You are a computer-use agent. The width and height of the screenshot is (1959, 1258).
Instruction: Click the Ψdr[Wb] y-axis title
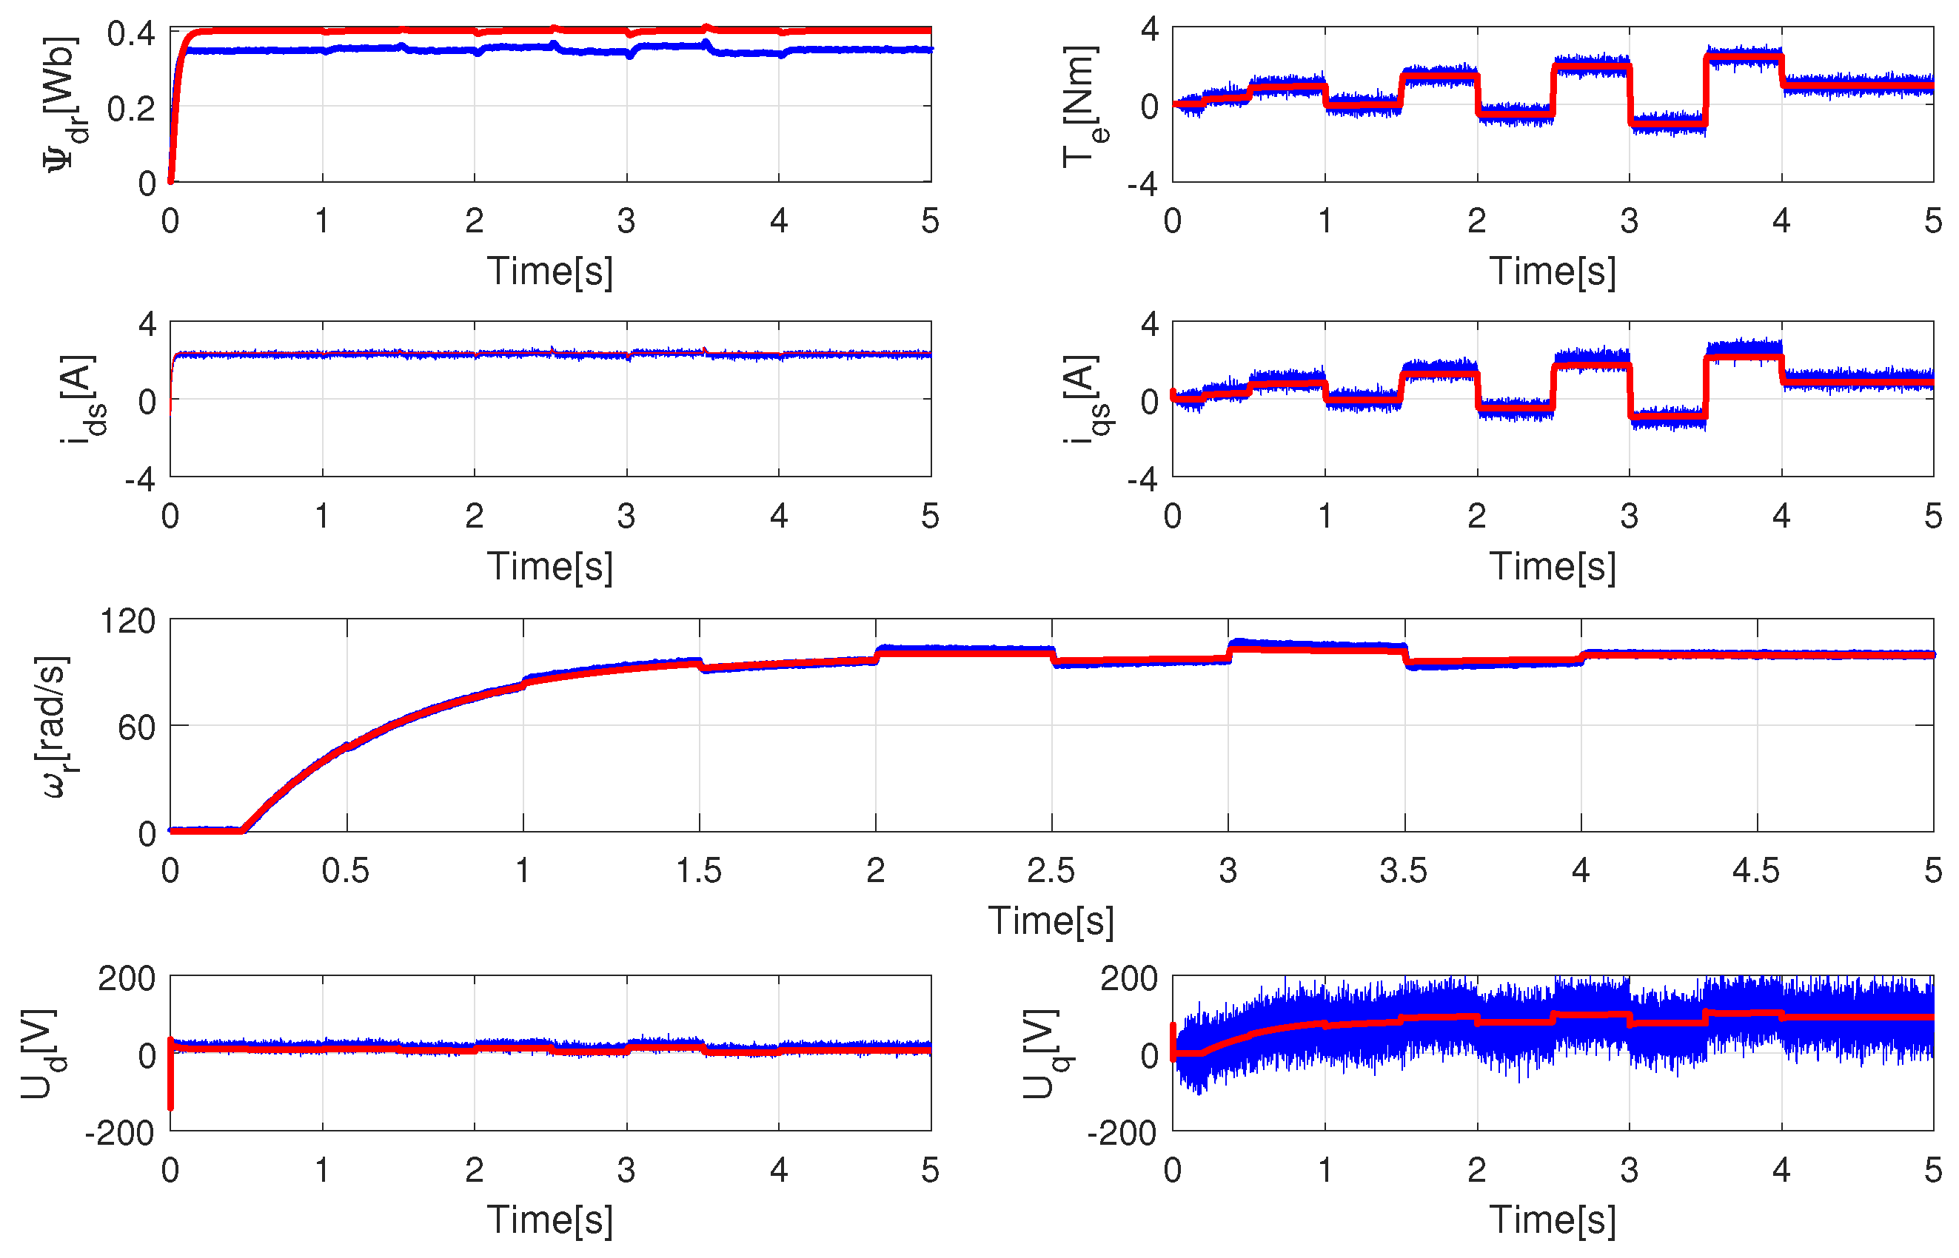64,104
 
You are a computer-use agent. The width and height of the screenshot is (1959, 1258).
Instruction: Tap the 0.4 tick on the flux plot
131,33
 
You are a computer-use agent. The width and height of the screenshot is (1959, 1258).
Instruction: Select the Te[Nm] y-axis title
1084,107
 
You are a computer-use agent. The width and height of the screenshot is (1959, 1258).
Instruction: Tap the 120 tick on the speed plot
127,622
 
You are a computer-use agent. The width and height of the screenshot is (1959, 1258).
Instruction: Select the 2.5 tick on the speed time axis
1051,871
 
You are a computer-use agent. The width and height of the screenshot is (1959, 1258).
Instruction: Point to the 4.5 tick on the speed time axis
1755,871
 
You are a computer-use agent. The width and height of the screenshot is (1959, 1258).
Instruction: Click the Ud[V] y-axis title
42,1054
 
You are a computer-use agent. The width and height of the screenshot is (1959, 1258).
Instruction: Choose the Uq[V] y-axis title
1045,1054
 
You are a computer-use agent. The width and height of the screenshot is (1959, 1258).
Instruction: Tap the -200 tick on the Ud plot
119,1133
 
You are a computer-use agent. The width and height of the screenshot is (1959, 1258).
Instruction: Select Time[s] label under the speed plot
1051,921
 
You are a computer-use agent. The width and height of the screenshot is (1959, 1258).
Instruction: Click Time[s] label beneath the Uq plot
1552,1220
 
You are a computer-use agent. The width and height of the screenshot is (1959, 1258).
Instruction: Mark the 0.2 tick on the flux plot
131,109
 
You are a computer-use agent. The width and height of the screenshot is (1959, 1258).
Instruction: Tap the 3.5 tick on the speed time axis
1403,871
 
